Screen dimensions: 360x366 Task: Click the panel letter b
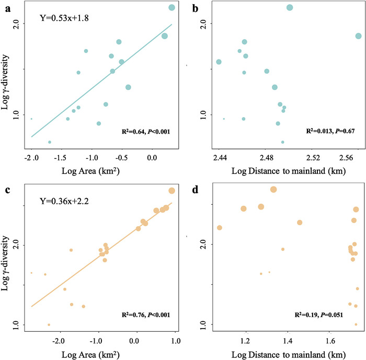[195, 8]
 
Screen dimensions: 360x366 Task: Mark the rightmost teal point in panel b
[358, 36]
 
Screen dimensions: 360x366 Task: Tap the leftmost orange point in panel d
[220, 227]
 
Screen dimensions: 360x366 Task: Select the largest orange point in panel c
[171, 191]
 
